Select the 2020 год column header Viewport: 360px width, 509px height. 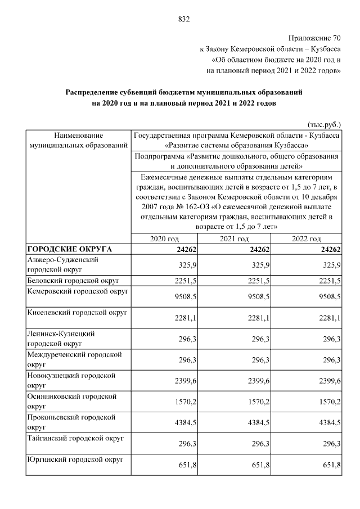pos(164,239)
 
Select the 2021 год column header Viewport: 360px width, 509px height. pos(235,239)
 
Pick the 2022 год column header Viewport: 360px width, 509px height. pos(307,239)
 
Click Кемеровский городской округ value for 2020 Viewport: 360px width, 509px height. pos(186,296)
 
